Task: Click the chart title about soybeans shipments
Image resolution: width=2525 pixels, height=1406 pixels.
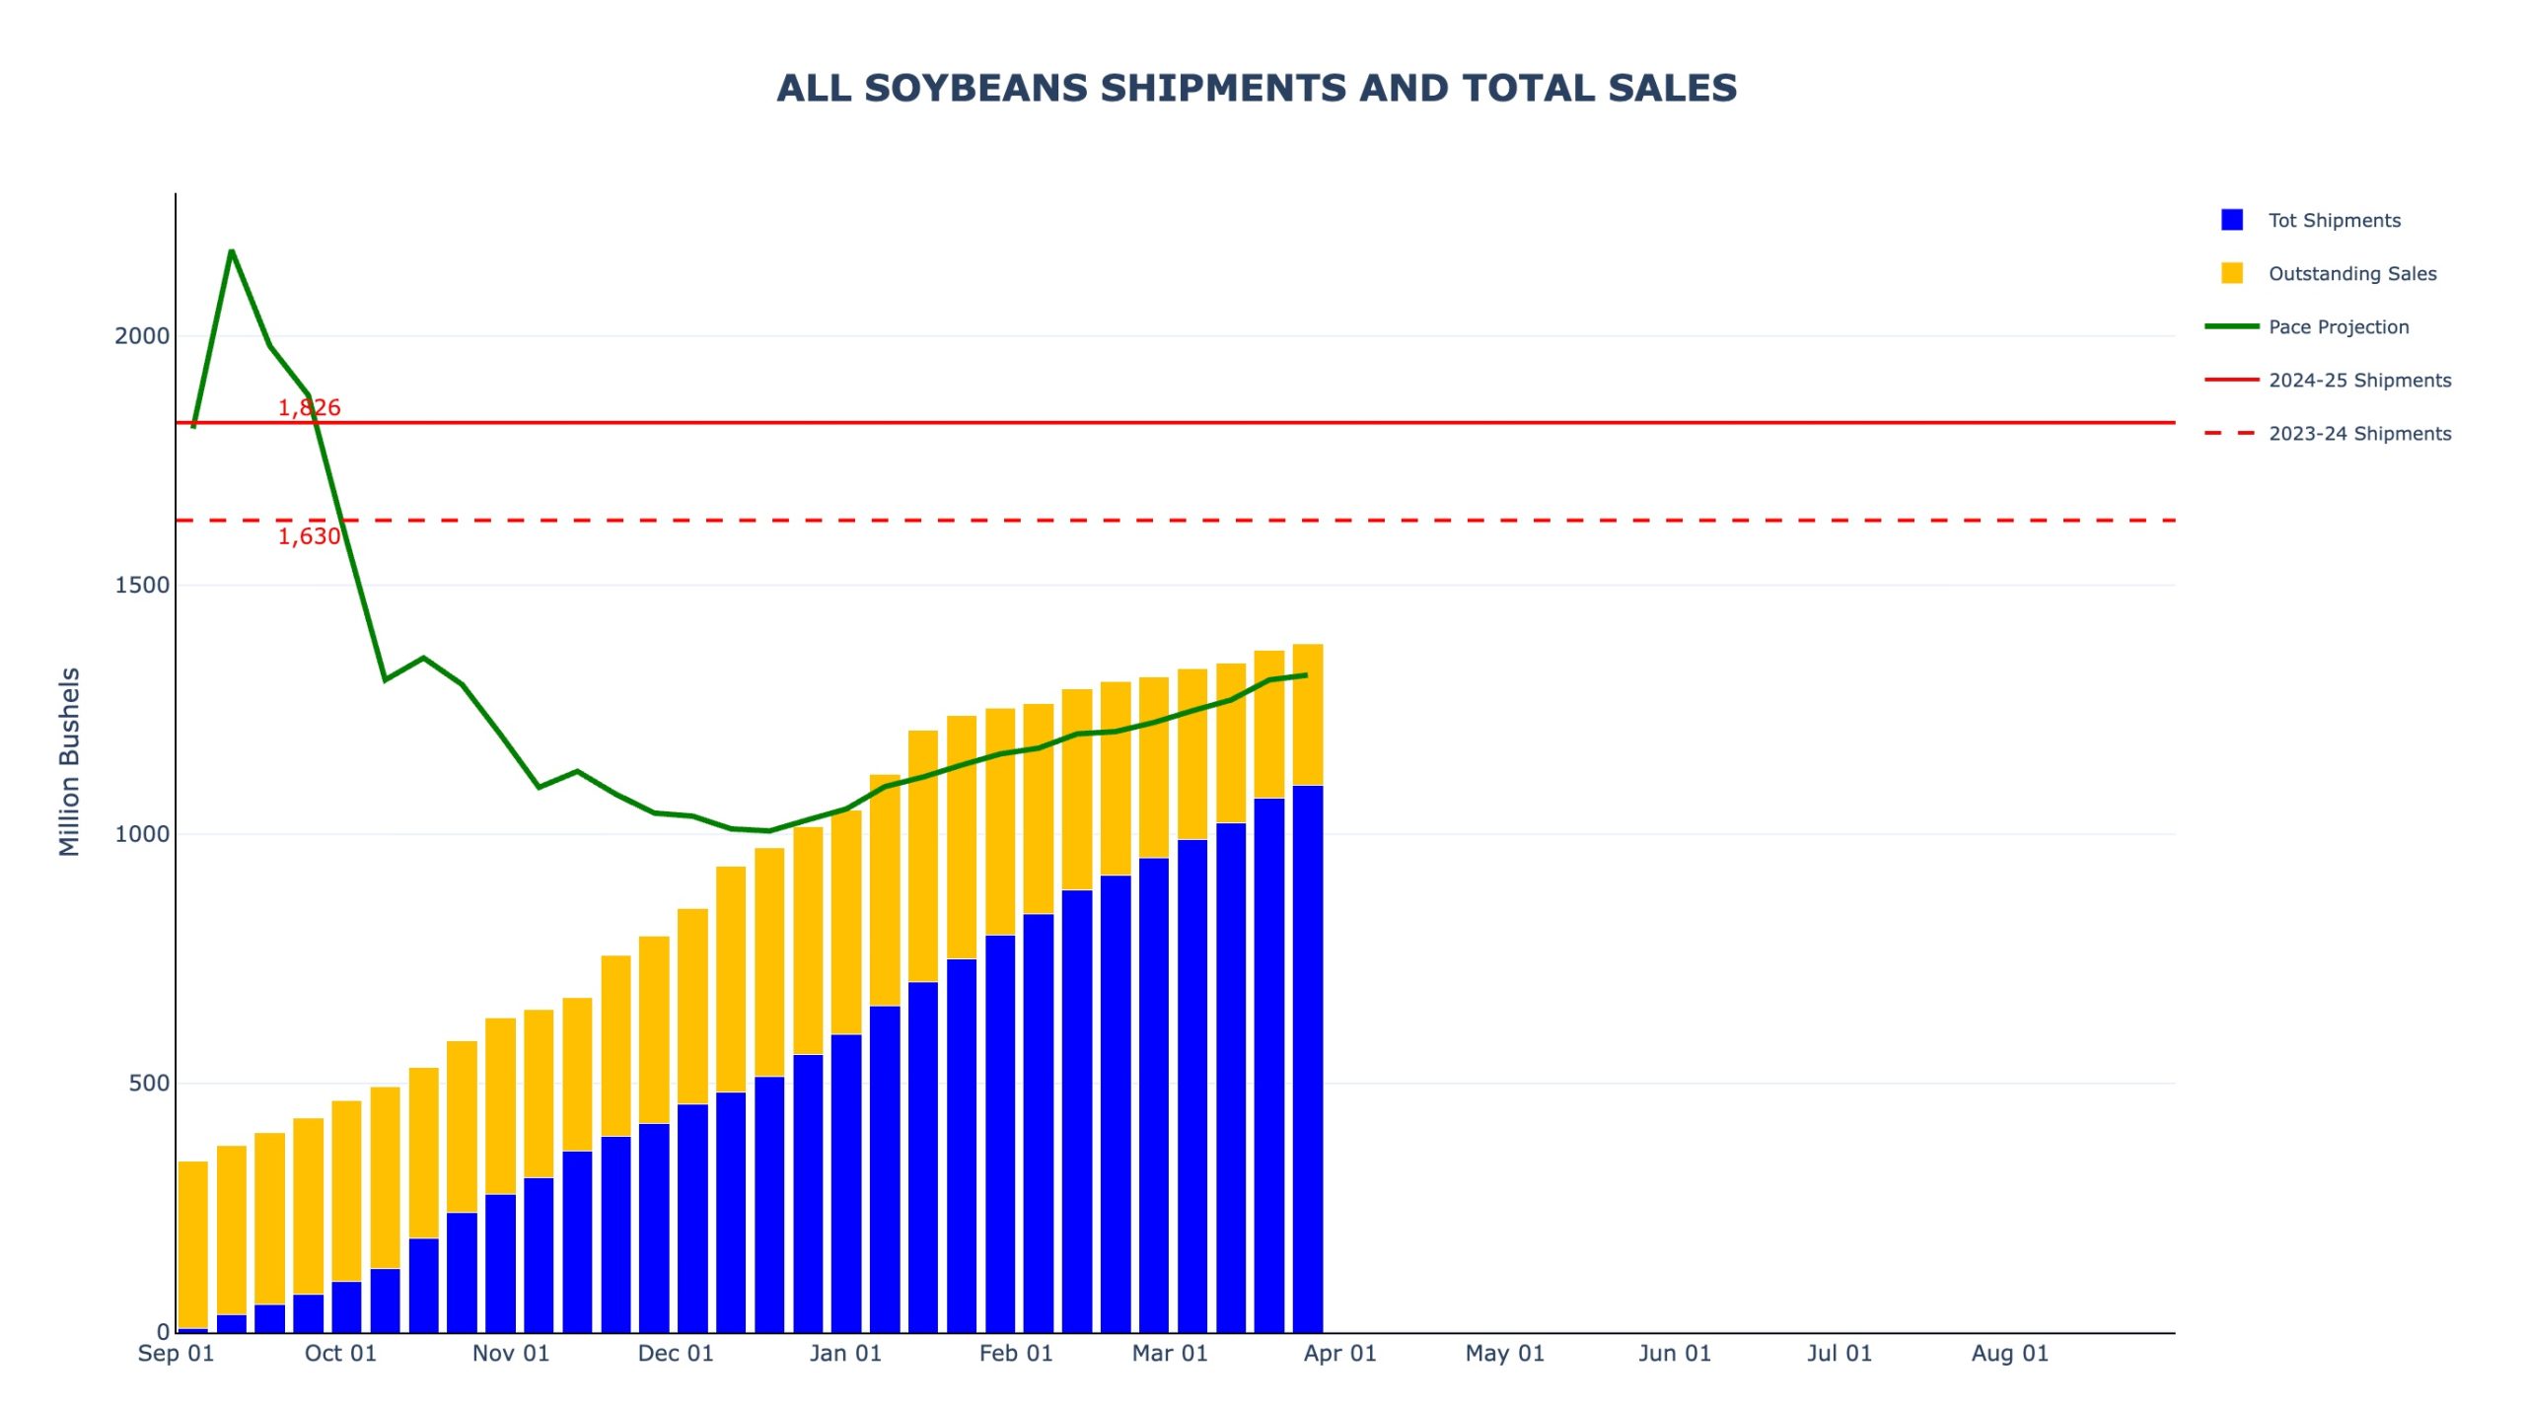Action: [x=1256, y=88]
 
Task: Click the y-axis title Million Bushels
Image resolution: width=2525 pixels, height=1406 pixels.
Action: [x=69, y=761]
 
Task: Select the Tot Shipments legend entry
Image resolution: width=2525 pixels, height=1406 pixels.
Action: [x=2334, y=220]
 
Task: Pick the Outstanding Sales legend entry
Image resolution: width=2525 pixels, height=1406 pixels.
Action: [x=2351, y=273]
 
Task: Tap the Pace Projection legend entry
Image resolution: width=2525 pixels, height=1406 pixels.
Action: [x=2338, y=326]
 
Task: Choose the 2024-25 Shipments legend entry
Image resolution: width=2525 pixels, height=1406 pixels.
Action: [x=2358, y=380]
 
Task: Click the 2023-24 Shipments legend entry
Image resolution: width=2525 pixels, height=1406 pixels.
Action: [x=2358, y=433]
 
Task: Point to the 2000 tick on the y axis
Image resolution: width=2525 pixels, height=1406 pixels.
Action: [x=142, y=336]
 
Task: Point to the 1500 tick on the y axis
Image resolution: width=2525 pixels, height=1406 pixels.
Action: [x=142, y=585]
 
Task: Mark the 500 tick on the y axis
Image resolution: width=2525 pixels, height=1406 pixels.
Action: [x=149, y=1083]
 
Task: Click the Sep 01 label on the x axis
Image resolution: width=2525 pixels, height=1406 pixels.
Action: [x=176, y=1353]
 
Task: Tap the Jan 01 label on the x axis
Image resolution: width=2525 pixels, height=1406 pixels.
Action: [x=845, y=1353]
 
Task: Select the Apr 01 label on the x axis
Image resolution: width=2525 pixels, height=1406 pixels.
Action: [x=1339, y=1353]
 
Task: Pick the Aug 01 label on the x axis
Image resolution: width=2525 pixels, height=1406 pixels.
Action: [x=2009, y=1353]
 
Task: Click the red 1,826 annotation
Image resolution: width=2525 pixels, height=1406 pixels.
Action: [x=309, y=407]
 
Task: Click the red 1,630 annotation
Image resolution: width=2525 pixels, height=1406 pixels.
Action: [x=309, y=536]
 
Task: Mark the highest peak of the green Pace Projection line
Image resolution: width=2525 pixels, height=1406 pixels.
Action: [x=231, y=251]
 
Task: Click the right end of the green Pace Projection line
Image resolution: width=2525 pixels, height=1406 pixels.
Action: [x=1307, y=675]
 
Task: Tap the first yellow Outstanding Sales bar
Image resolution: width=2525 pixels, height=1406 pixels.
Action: [x=193, y=1244]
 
